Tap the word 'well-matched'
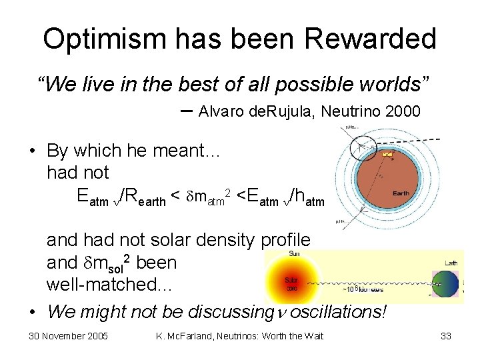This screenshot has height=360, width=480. click(x=109, y=285)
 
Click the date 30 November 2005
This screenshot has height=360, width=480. click(x=69, y=336)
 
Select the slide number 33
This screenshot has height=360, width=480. click(x=446, y=336)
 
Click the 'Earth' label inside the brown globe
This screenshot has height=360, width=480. click(x=400, y=193)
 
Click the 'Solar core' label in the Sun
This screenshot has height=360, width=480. click(x=291, y=283)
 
